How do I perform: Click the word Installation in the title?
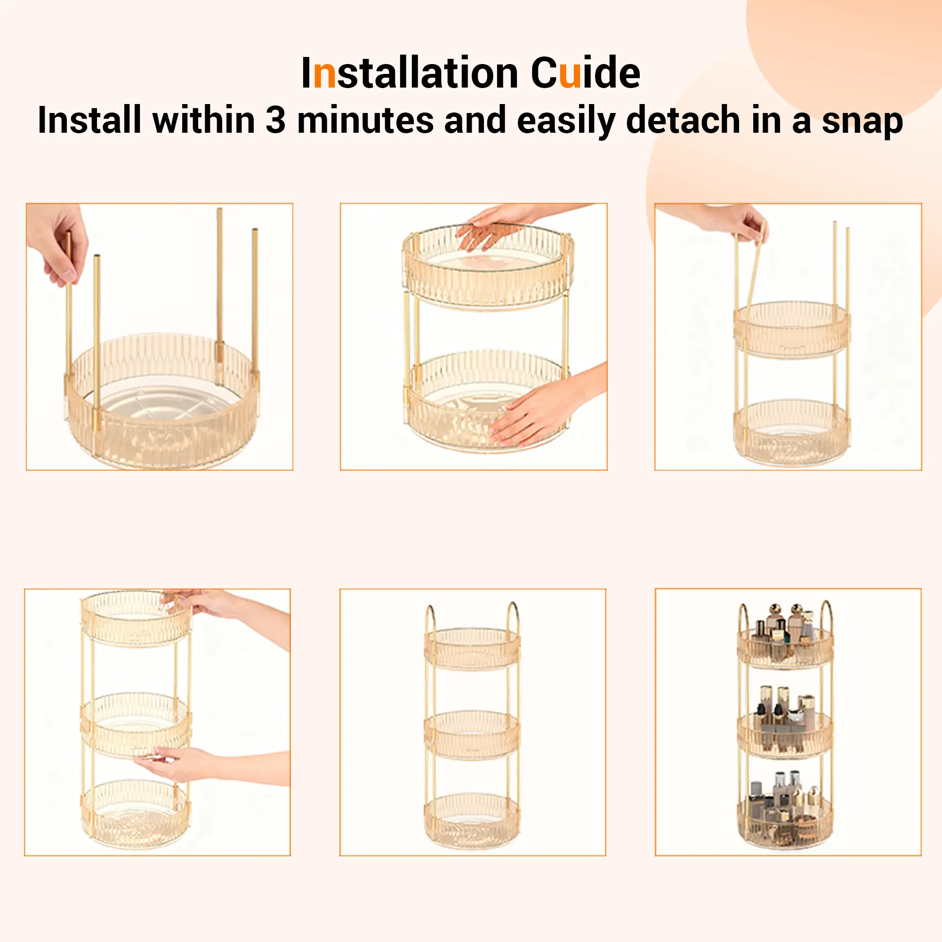click(410, 73)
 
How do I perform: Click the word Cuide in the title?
click(585, 73)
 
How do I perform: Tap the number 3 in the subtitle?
click(275, 120)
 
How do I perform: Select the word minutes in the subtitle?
click(365, 120)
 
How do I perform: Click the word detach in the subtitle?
click(683, 120)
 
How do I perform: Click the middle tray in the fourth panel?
click(135, 725)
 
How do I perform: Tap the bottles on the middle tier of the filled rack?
click(785, 717)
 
